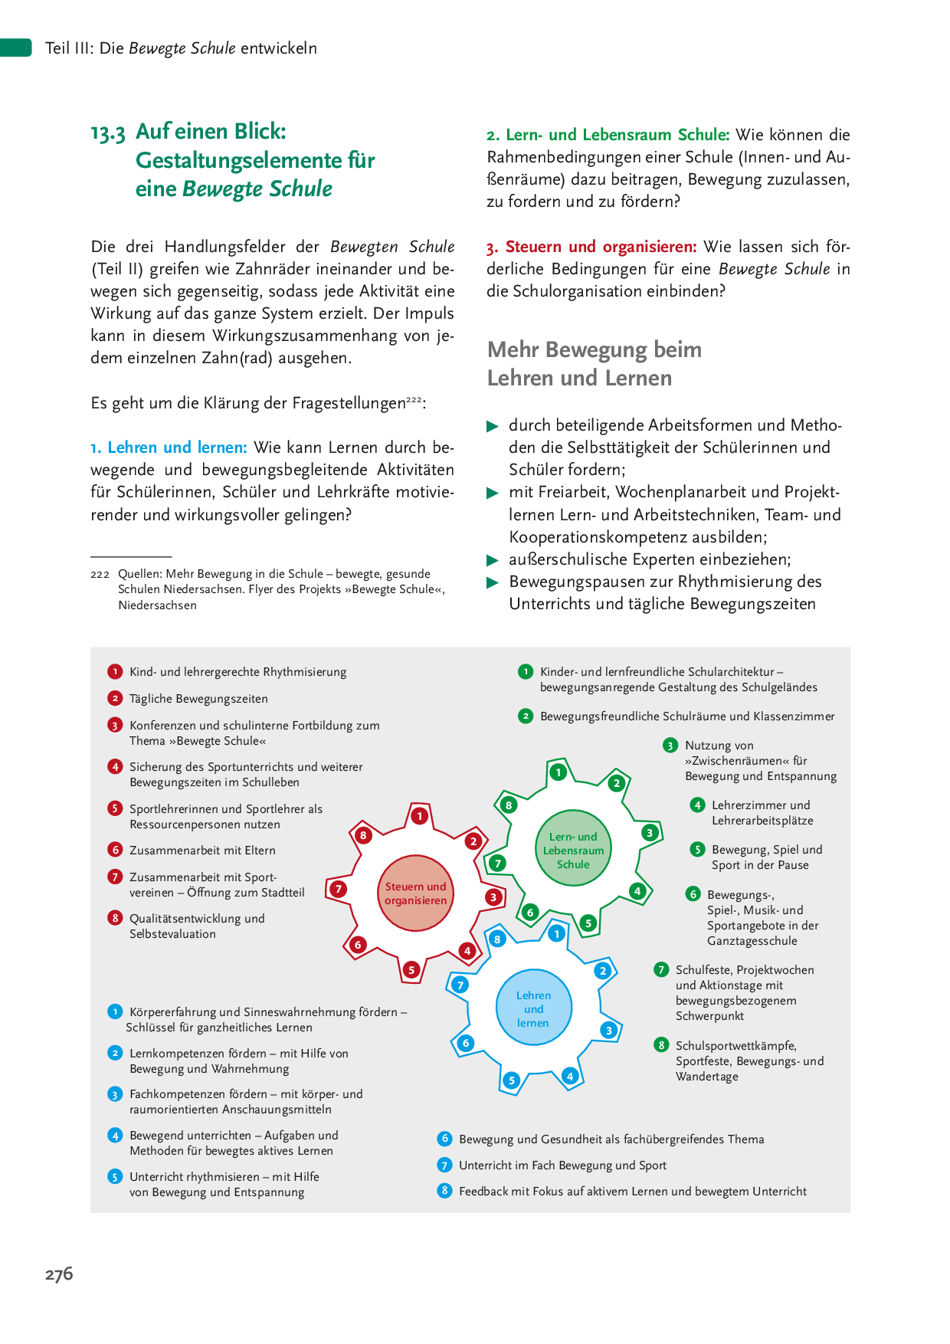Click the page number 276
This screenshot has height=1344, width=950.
click(x=59, y=1274)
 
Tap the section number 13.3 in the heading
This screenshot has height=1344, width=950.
click(x=107, y=133)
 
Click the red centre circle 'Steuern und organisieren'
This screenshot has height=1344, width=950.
click(x=415, y=893)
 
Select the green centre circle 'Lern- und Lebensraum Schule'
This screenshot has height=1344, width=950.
click(x=573, y=850)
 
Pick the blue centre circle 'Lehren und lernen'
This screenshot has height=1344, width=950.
click(x=533, y=1008)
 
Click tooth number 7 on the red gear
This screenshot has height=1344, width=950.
click(x=338, y=889)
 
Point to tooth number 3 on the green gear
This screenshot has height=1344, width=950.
click(x=650, y=833)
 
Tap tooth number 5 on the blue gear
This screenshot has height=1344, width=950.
click(x=512, y=1080)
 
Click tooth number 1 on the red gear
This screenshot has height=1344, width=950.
click(x=419, y=816)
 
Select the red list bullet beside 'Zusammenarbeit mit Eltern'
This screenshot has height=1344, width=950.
click(x=115, y=850)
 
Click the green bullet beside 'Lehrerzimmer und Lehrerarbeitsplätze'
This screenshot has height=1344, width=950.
click(x=697, y=805)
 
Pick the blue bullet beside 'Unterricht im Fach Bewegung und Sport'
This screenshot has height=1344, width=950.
click(x=444, y=1165)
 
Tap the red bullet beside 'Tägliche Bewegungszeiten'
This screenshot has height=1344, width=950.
click(x=115, y=698)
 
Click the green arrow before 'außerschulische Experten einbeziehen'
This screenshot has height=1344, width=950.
click(x=493, y=560)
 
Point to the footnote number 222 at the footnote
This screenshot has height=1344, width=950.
click(x=100, y=574)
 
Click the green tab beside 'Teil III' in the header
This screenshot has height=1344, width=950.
click(x=15, y=48)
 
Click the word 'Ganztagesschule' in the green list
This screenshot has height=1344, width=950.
click(x=752, y=941)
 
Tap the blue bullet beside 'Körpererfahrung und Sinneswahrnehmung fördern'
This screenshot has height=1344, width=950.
click(x=115, y=1011)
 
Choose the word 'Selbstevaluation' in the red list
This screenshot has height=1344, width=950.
click(x=172, y=934)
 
